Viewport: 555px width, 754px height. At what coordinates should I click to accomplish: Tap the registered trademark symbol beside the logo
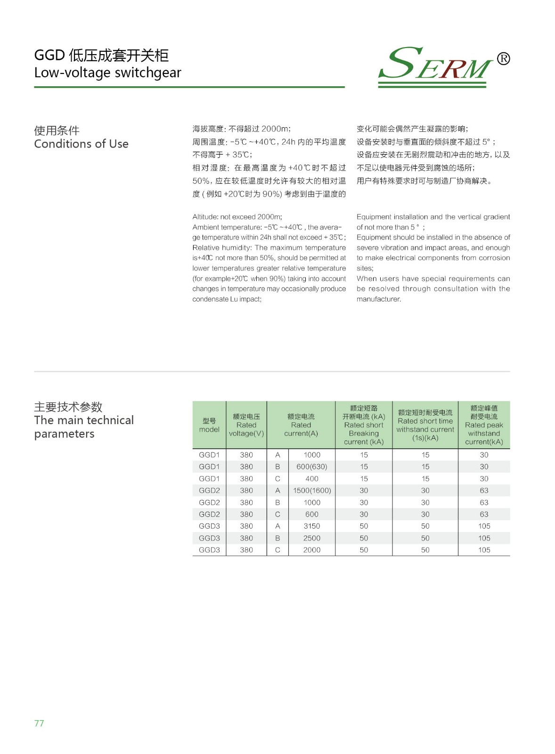click(x=503, y=58)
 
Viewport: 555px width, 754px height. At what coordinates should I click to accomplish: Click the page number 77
click(x=39, y=723)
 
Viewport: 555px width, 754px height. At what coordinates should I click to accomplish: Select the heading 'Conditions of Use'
click(x=81, y=144)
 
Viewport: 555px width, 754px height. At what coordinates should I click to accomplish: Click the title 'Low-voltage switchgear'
click(x=107, y=73)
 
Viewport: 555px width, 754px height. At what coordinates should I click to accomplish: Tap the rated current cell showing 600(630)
click(x=311, y=467)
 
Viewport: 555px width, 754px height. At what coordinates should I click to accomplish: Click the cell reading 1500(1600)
click(x=312, y=491)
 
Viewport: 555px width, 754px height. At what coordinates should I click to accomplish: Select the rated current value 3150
click(x=312, y=526)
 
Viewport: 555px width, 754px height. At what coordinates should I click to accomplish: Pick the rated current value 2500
click(x=312, y=538)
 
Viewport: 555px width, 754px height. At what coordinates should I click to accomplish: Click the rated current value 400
click(x=312, y=479)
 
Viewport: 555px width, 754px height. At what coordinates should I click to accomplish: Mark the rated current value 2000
click(x=312, y=550)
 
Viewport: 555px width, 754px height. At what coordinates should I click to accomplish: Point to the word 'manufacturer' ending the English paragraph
click(x=378, y=299)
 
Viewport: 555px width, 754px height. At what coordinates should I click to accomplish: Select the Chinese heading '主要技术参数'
click(x=68, y=407)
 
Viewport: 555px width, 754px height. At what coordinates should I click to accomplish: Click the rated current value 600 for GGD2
click(x=312, y=514)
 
